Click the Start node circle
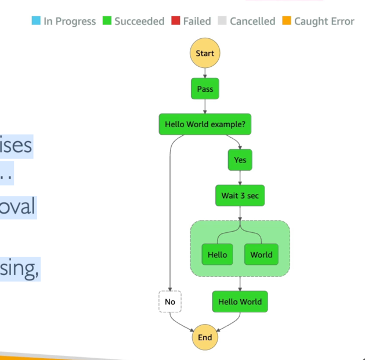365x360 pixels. point(205,53)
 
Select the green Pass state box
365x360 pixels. point(205,89)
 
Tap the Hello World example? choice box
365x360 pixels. point(205,124)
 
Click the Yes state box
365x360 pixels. point(240,160)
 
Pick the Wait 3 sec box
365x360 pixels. point(240,196)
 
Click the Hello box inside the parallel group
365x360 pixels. point(218,254)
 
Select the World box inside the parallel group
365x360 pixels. point(261,254)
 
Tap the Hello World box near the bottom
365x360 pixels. point(240,302)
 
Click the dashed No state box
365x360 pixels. point(170,302)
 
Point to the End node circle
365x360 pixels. point(205,337)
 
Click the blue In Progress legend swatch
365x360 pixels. point(36,21)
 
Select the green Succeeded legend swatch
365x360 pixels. point(107,21)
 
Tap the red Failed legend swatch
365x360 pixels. point(176,21)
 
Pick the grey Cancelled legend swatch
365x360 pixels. point(222,21)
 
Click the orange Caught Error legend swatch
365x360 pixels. point(287,21)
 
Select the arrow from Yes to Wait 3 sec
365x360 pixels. point(240,178)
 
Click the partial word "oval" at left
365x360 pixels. point(17,207)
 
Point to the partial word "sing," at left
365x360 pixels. point(20,269)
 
